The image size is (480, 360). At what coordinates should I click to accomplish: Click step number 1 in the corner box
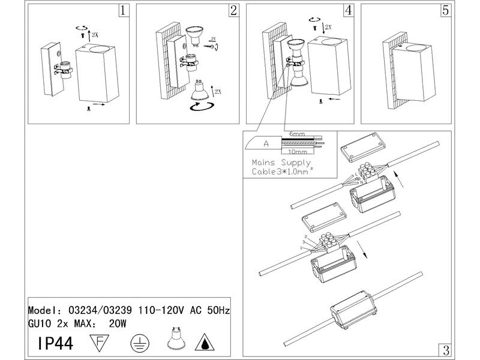click(123, 10)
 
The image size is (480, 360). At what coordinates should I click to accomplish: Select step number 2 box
click(233, 10)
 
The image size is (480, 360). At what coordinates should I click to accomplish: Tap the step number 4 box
click(349, 10)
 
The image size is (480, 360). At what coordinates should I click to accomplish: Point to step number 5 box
click(445, 10)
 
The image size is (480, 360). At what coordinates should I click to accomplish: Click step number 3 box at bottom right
click(445, 349)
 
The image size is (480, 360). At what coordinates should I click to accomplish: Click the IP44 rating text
click(57, 344)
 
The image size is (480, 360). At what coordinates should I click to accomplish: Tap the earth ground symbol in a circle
click(137, 343)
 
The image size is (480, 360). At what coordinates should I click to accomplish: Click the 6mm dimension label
click(297, 133)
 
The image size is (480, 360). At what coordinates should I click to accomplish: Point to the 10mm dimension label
click(298, 152)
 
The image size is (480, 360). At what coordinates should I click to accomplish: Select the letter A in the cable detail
click(265, 143)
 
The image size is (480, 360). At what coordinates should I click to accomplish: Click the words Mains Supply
click(281, 163)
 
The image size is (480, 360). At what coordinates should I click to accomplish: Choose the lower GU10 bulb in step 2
click(200, 91)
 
